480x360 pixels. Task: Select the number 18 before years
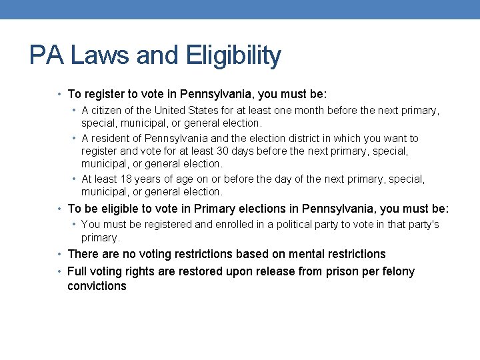[x=130, y=179]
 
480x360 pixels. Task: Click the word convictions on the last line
[x=97, y=286]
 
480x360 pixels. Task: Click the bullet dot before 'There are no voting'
[x=60, y=254]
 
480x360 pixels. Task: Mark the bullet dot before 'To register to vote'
[x=60, y=95]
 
